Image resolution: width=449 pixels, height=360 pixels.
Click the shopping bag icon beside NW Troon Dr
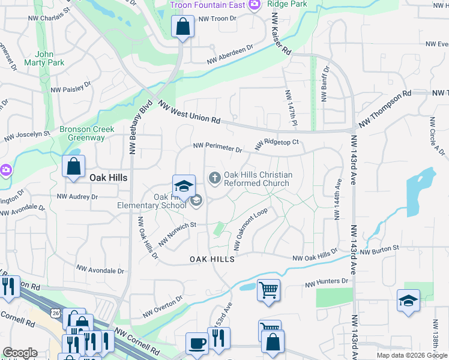182,27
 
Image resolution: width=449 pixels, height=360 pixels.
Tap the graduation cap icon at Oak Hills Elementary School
184,185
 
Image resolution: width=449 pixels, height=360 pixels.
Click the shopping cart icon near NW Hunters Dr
268,290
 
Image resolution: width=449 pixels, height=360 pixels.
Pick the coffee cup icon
196,344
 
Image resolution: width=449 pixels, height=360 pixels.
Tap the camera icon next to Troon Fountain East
255,5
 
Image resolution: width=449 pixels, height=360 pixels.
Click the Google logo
20,353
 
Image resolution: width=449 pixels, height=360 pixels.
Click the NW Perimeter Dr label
217,147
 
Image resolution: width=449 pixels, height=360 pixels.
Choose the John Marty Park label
41,58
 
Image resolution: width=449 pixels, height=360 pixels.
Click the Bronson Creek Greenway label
86,133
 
